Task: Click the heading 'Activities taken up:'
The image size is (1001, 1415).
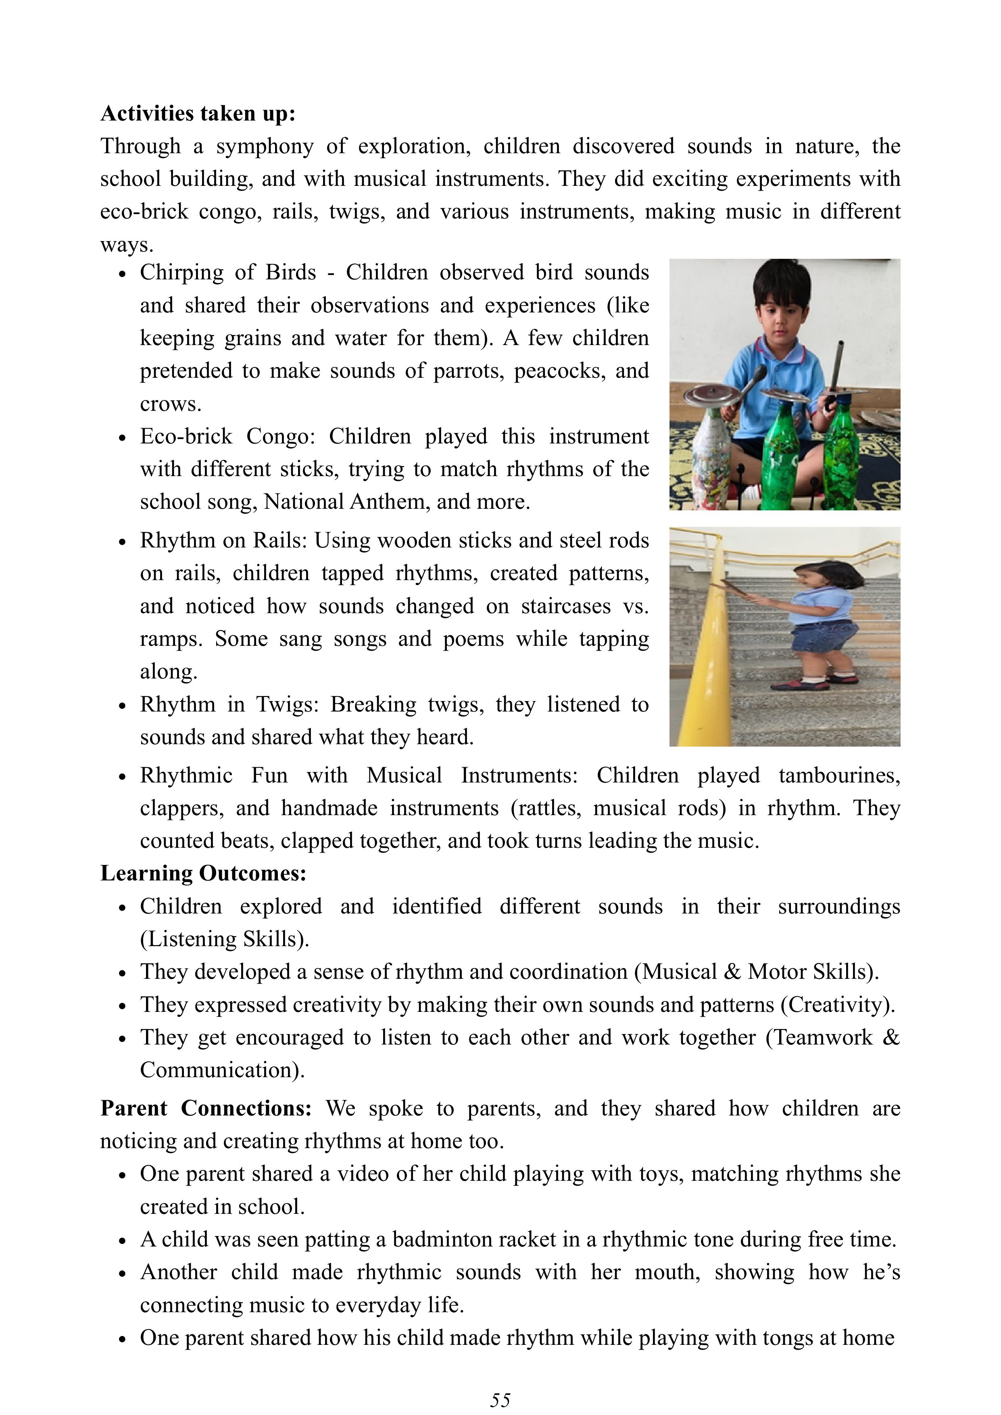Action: [x=198, y=114]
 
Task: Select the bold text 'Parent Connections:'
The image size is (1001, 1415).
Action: [x=206, y=1108]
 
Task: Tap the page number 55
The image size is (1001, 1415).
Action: [x=500, y=1400]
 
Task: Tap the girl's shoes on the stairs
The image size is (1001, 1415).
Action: [x=817, y=681]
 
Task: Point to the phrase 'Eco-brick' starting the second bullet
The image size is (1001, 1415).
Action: [x=186, y=436]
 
